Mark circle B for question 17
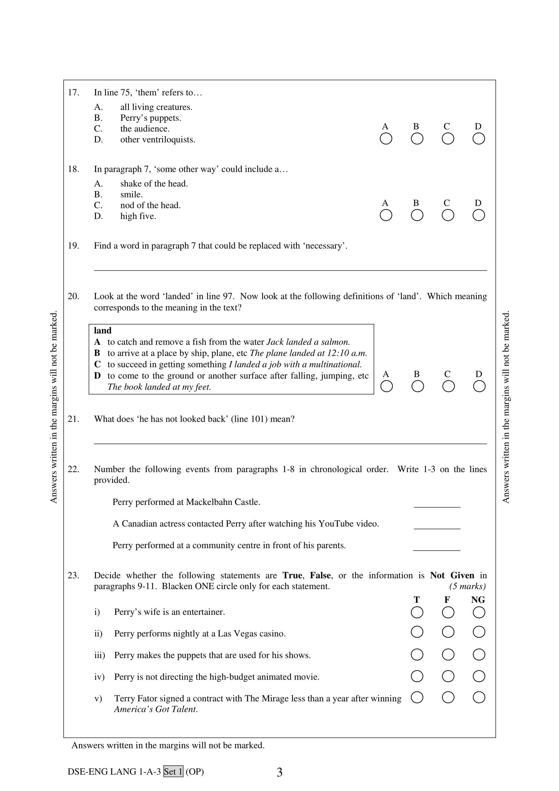[x=417, y=139]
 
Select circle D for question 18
[x=479, y=215]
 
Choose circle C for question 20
[x=448, y=386]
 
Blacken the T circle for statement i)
[x=417, y=612]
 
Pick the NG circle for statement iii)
[x=479, y=655]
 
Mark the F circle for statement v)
[x=448, y=698]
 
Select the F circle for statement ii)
[x=448, y=632]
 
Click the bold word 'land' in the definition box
[x=103, y=331]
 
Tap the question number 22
[x=73, y=469]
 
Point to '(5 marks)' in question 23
[x=467, y=586]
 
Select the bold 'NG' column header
[x=478, y=600]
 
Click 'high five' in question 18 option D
[x=138, y=216]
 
